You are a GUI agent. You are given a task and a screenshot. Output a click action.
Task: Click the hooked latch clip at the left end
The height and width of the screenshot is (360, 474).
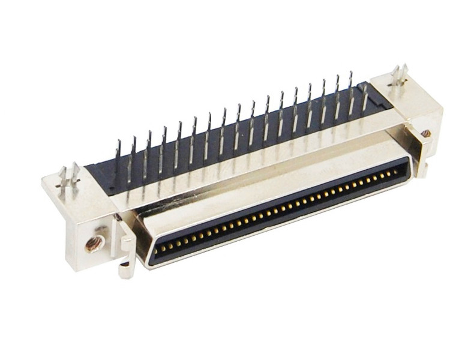click(x=127, y=255)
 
